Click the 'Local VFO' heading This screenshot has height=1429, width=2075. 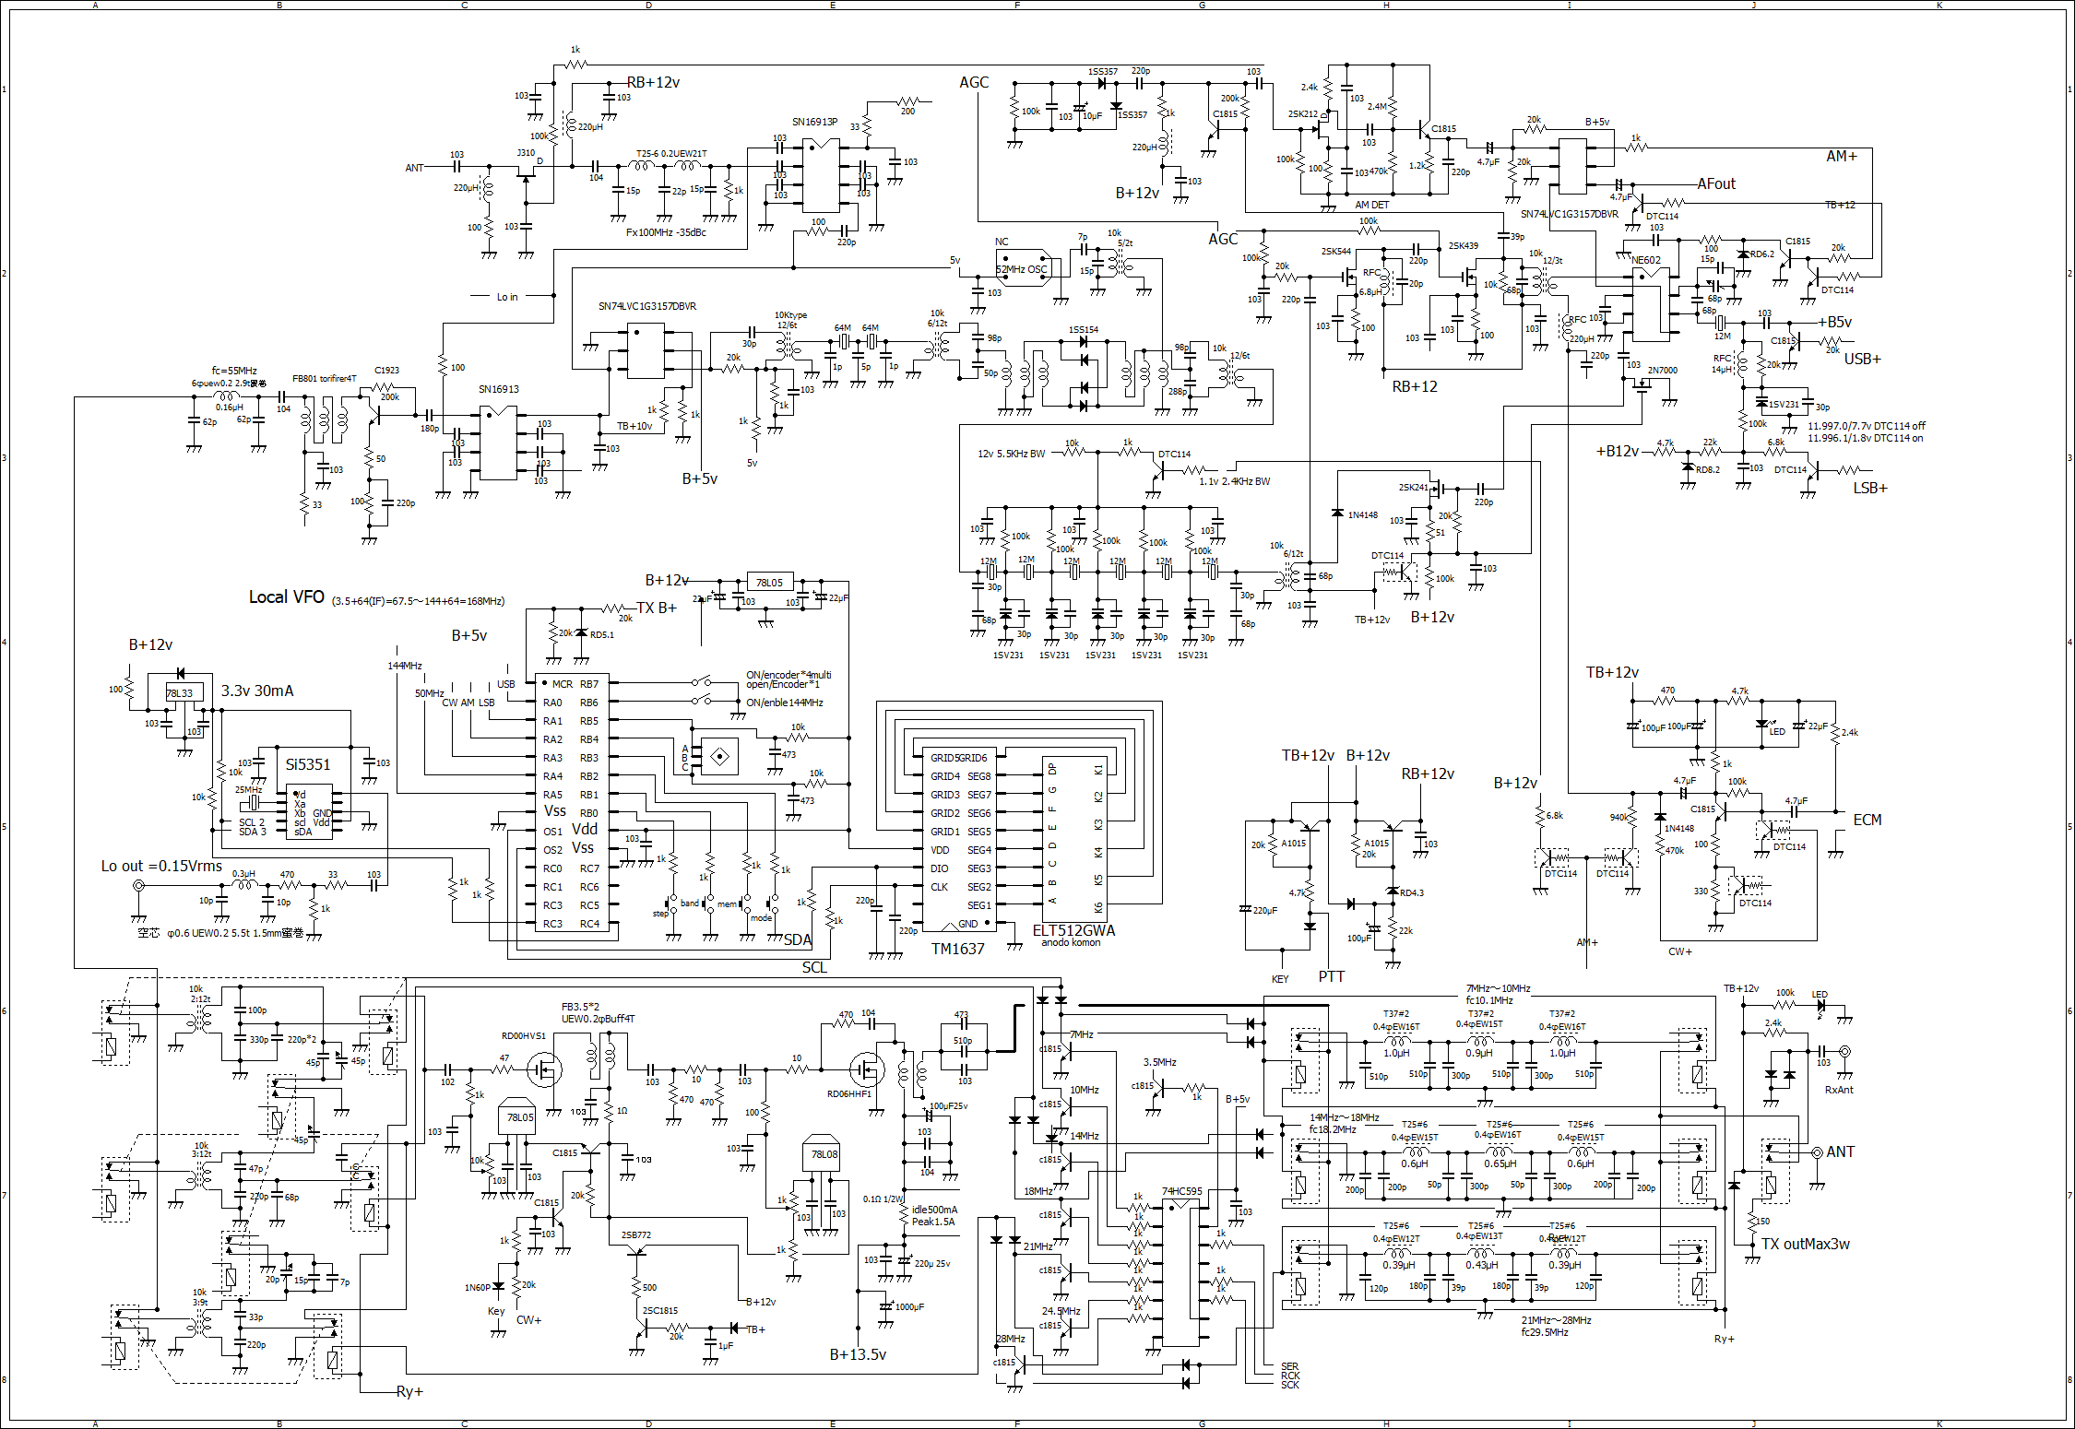tap(286, 597)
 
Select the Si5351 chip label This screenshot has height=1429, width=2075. tap(307, 764)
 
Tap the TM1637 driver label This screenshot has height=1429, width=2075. tap(957, 949)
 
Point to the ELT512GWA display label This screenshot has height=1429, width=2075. tap(1073, 930)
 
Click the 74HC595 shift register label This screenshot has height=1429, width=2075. tap(1181, 1191)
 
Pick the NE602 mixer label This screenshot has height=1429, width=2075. tap(1646, 260)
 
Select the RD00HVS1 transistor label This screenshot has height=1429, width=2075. tap(524, 1035)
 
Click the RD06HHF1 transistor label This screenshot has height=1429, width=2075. tap(849, 1094)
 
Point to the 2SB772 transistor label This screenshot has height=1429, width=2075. tap(635, 1234)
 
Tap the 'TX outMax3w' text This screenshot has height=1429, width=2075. tap(1805, 1244)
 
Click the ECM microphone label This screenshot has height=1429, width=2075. tap(1867, 820)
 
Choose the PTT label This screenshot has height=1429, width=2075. tap(1331, 976)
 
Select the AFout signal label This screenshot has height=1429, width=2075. tap(1715, 183)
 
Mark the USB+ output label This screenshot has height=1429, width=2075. tap(1862, 359)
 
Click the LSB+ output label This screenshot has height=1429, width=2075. tap(1870, 488)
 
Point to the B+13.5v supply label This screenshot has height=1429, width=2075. tap(858, 1354)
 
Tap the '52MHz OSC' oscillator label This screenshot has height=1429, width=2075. tap(1022, 269)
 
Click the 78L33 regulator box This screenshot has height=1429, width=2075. tap(180, 693)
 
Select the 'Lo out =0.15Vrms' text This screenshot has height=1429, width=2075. tap(161, 866)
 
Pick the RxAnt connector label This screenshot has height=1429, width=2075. tap(1839, 1090)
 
